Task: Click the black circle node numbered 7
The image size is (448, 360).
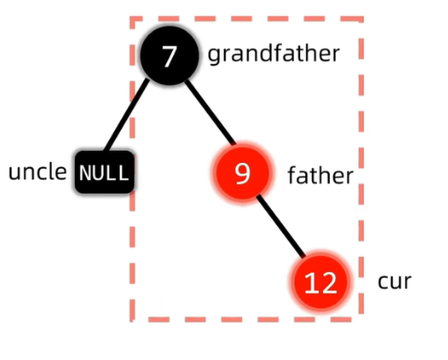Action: point(169,55)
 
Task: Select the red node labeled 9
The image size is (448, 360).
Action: point(242,173)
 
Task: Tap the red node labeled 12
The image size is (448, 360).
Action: point(320,282)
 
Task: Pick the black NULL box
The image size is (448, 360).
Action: point(105,172)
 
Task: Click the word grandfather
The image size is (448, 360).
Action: point(273,54)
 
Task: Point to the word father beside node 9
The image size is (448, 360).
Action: point(320,175)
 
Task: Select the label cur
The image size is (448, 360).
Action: point(394,281)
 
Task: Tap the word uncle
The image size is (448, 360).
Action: point(38,171)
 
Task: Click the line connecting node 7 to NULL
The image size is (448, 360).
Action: point(127,115)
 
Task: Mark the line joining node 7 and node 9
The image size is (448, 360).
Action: point(210,112)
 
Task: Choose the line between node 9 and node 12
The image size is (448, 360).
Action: point(280,226)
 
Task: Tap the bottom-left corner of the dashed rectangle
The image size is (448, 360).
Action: point(133,320)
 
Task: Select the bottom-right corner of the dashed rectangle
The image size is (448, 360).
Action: point(361,320)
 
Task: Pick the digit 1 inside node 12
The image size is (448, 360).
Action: point(309,282)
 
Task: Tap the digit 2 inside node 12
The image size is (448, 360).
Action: point(328,282)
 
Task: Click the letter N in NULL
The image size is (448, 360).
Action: point(85,173)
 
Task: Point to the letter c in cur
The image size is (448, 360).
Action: point(383,282)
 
